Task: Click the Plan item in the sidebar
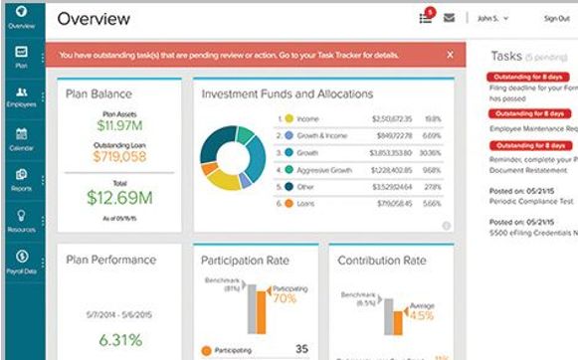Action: (x=21, y=56)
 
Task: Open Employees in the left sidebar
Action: (x=21, y=96)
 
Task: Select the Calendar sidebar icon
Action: (x=21, y=137)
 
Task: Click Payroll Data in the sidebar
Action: (x=21, y=261)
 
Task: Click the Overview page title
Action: (x=96, y=18)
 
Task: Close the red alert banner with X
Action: (x=450, y=55)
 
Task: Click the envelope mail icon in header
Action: (x=450, y=18)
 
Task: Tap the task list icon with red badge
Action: (x=426, y=17)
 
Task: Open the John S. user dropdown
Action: (x=491, y=18)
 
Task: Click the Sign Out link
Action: (x=557, y=18)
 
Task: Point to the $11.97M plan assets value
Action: (x=119, y=125)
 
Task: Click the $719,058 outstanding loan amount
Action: (x=119, y=156)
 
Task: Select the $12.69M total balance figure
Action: (x=119, y=196)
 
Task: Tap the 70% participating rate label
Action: (x=285, y=297)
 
